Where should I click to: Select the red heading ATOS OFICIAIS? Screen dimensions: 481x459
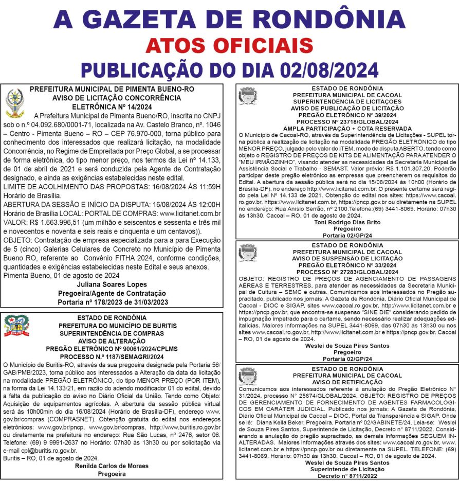(x=229, y=46)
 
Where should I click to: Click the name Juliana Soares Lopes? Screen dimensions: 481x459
(x=112, y=284)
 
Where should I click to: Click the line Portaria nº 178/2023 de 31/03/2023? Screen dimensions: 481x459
(x=113, y=302)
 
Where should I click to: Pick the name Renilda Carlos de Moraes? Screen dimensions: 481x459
(x=112, y=466)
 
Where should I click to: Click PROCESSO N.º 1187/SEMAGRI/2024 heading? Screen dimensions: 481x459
(x=112, y=356)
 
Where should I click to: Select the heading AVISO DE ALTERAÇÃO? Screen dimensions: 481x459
(x=112, y=341)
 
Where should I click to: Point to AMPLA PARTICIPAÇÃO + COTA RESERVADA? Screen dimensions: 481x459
(x=347, y=128)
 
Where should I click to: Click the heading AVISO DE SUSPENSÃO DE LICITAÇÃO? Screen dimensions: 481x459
(x=347, y=258)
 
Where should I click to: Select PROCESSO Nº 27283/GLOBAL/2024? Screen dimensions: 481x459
(x=347, y=271)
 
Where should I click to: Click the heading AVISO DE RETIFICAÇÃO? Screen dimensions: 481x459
(x=347, y=382)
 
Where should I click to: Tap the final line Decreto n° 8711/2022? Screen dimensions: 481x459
(x=347, y=475)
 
